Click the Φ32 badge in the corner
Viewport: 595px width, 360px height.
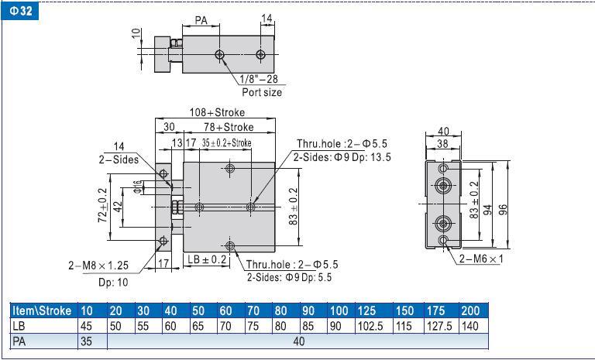20,11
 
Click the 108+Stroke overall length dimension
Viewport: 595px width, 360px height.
217,112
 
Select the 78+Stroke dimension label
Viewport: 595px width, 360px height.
229,127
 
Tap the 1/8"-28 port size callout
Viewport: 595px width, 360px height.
259,79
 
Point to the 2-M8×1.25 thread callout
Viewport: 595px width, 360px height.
98,266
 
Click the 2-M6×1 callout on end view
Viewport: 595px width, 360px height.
481,259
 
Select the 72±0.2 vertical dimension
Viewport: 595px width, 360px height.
103,205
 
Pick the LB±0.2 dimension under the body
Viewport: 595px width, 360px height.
207,259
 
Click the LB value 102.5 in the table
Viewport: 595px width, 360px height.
370,326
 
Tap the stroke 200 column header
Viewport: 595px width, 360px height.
470,310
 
